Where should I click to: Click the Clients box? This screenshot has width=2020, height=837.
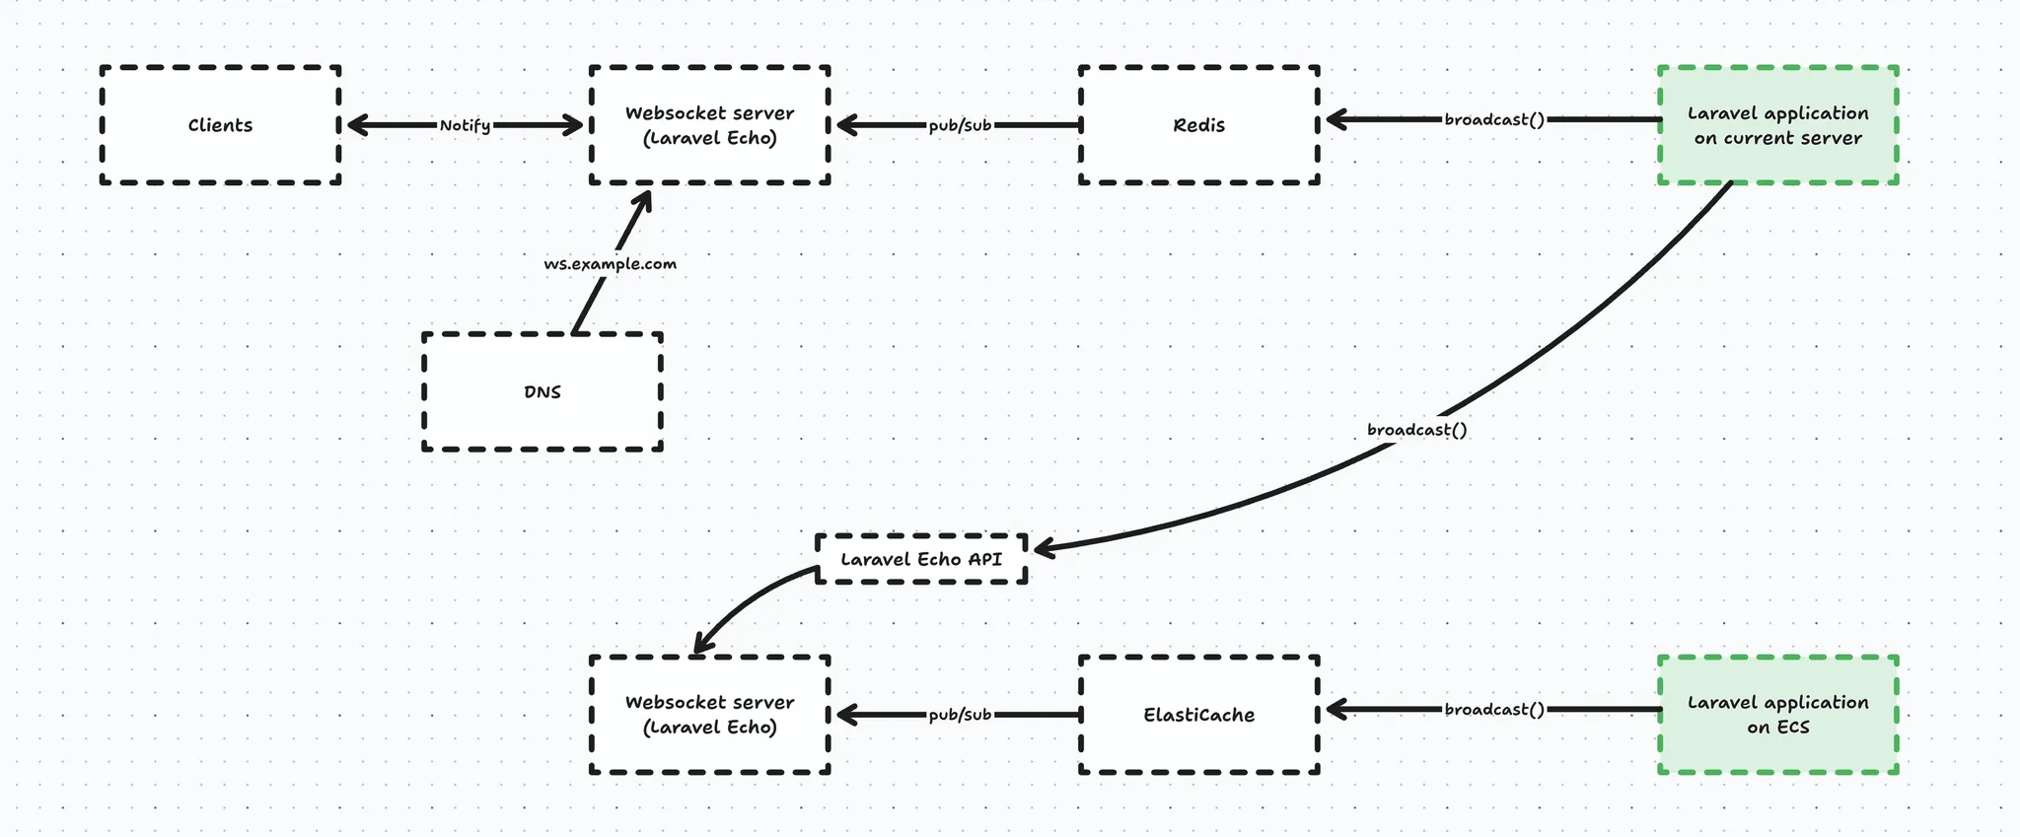tap(220, 125)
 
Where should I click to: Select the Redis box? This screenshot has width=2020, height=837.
tap(1198, 125)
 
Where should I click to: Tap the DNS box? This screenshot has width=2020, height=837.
tap(541, 391)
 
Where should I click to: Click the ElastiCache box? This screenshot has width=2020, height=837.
tap(1198, 715)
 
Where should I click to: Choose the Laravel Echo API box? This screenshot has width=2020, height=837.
tap(921, 559)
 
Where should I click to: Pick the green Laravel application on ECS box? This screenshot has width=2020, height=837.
tap(1777, 715)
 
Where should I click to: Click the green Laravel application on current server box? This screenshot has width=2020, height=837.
tap(1777, 125)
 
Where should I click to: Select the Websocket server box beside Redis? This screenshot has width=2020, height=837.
tap(709, 125)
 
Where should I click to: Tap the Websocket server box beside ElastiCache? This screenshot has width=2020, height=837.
tap(709, 715)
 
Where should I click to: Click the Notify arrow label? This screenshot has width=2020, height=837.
tap(465, 125)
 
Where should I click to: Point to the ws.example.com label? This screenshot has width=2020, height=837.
tap(610, 264)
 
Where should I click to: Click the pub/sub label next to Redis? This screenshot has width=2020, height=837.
tap(960, 125)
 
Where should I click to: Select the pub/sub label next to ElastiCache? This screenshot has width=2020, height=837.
tap(960, 715)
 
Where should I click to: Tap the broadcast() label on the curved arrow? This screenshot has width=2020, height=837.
tap(1416, 430)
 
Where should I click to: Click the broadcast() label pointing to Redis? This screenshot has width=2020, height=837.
tap(1494, 119)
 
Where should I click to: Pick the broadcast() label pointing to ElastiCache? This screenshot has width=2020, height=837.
tap(1494, 709)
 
